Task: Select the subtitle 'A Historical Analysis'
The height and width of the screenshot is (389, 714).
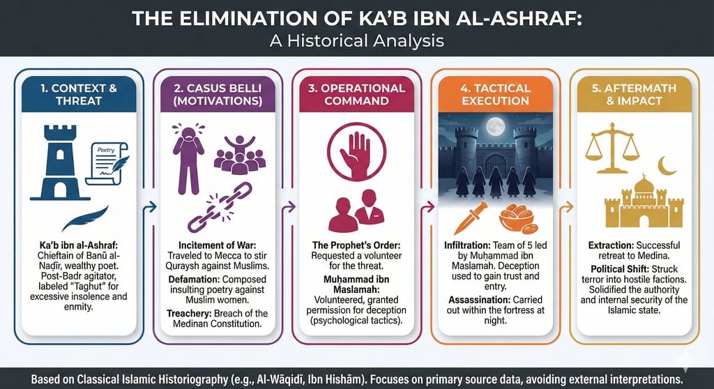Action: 357,40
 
